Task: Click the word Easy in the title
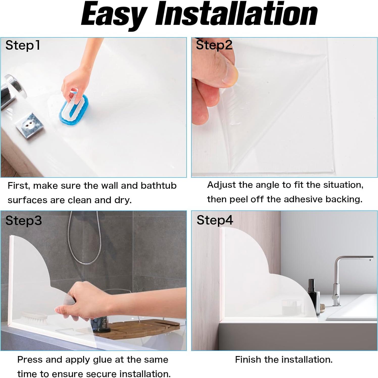(114, 15)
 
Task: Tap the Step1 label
(23, 46)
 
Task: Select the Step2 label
(214, 45)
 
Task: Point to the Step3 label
(23, 221)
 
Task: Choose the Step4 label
(215, 220)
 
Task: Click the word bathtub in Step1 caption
(158, 186)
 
